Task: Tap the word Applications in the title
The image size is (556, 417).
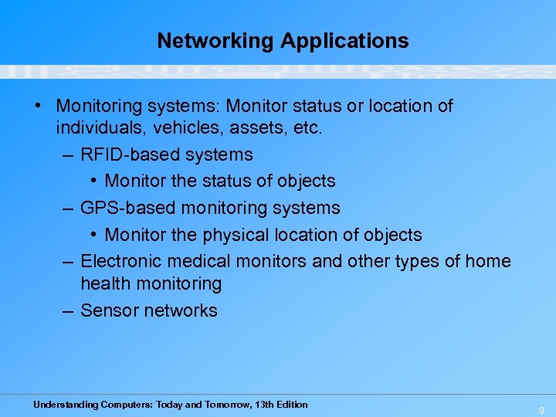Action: [x=344, y=41]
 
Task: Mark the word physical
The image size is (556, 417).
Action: [x=239, y=235]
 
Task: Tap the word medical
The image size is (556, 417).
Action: [x=205, y=261]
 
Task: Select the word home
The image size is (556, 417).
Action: [x=488, y=261]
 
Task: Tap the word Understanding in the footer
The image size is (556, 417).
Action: [x=66, y=405]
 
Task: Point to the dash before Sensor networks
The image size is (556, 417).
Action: [x=67, y=310]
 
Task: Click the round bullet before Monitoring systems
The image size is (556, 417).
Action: [x=39, y=106]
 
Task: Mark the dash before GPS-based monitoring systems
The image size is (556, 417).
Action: [x=67, y=208]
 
